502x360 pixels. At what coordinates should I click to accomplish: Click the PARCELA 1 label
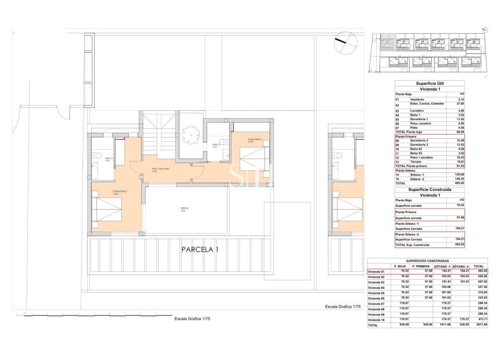pyautogui.click(x=200, y=250)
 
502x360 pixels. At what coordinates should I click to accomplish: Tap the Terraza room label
pyautogui.click(x=183, y=210)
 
